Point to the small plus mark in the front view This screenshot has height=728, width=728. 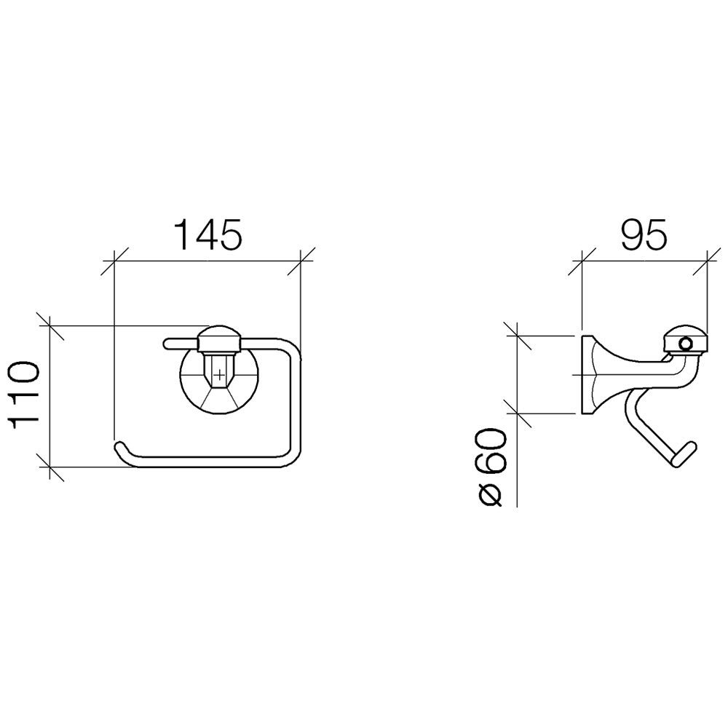coord(218,374)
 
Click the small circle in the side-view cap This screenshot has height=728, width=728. coord(685,344)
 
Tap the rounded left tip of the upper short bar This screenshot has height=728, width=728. coord(167,344)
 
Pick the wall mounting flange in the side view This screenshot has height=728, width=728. coord(587,374)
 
